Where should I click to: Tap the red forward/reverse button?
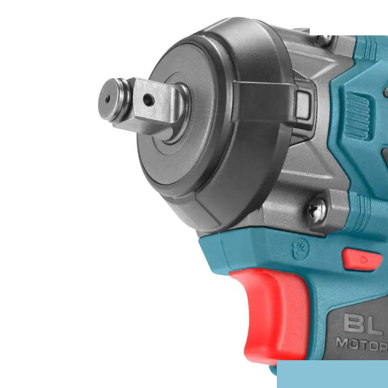pyautogui.click(x=362, y=260)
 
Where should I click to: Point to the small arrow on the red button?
pyautogui.click(x=364, y=260)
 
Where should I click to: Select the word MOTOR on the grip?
pyautogui.click(x=362, y=344)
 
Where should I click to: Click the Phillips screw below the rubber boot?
pyautogui.click(x=317, y=210)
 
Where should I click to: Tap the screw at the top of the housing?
pyautogui.click(x=324, y=39)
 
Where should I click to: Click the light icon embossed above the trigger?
pyautogui.click(x=300, y=249)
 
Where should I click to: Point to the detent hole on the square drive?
pyautogui.click(x=149, y=100)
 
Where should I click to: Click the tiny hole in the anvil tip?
pyautogui.click(x=108, y=99)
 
